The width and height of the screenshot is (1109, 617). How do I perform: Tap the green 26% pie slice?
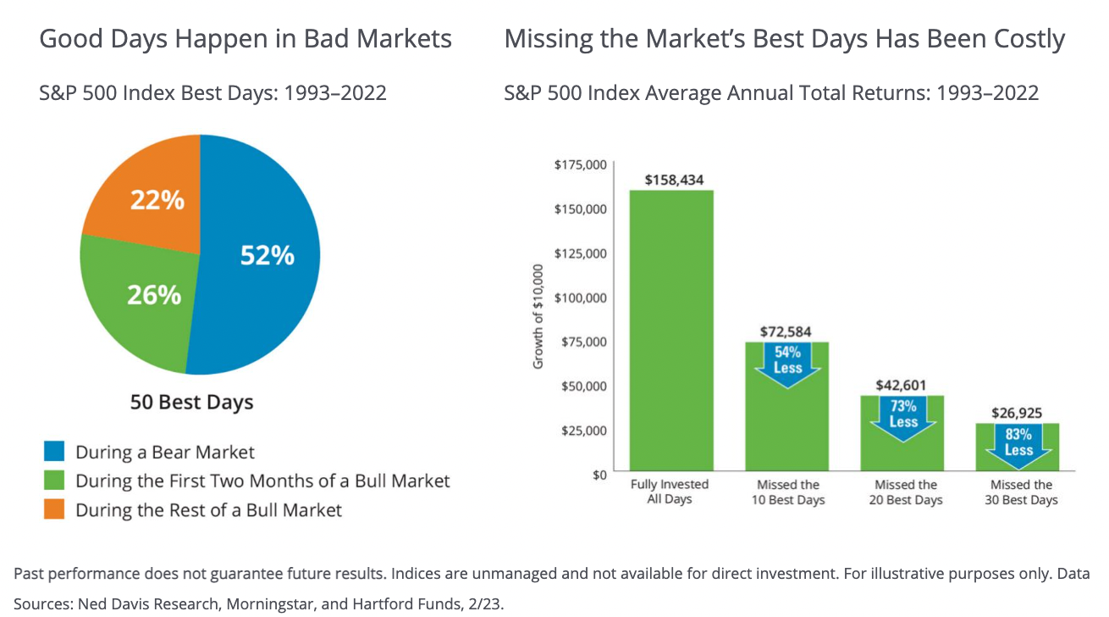[144, 305]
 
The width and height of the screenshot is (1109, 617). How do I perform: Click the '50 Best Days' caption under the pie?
[191, 402]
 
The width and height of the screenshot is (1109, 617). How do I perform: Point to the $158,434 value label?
[674, 180]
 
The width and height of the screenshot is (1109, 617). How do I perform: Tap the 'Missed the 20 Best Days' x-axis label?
[905, 492]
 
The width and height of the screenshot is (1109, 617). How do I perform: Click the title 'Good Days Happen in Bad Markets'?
[246, 39]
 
